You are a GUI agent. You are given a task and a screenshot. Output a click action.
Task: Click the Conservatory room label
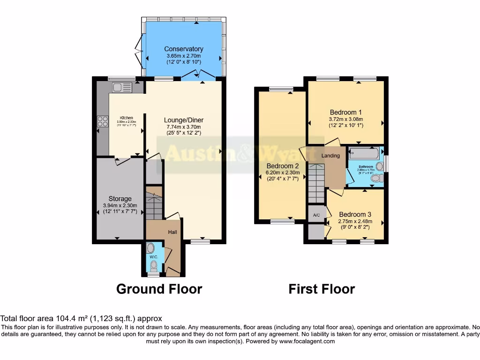[x=183, y=49]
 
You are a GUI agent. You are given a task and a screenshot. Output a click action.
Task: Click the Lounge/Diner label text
[x=184, y=120]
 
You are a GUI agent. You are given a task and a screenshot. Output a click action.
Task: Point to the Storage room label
[x=120, y=199]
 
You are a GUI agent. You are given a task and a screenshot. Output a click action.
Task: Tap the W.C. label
[x=153, y=257]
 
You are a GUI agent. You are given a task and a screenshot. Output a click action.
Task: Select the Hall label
[x=172, y=232]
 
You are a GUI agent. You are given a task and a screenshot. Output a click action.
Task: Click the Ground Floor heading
[x=159, y=289]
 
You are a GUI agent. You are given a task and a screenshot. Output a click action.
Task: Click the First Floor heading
[x=322, y=289]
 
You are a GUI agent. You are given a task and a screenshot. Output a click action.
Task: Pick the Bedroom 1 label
[x=345, y=112]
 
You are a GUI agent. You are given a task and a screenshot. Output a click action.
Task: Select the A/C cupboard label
[x=316, y=215]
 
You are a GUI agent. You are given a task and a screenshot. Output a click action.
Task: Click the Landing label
[x=330, y=156]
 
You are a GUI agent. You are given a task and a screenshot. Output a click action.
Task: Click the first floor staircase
[x=316, y=183]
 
